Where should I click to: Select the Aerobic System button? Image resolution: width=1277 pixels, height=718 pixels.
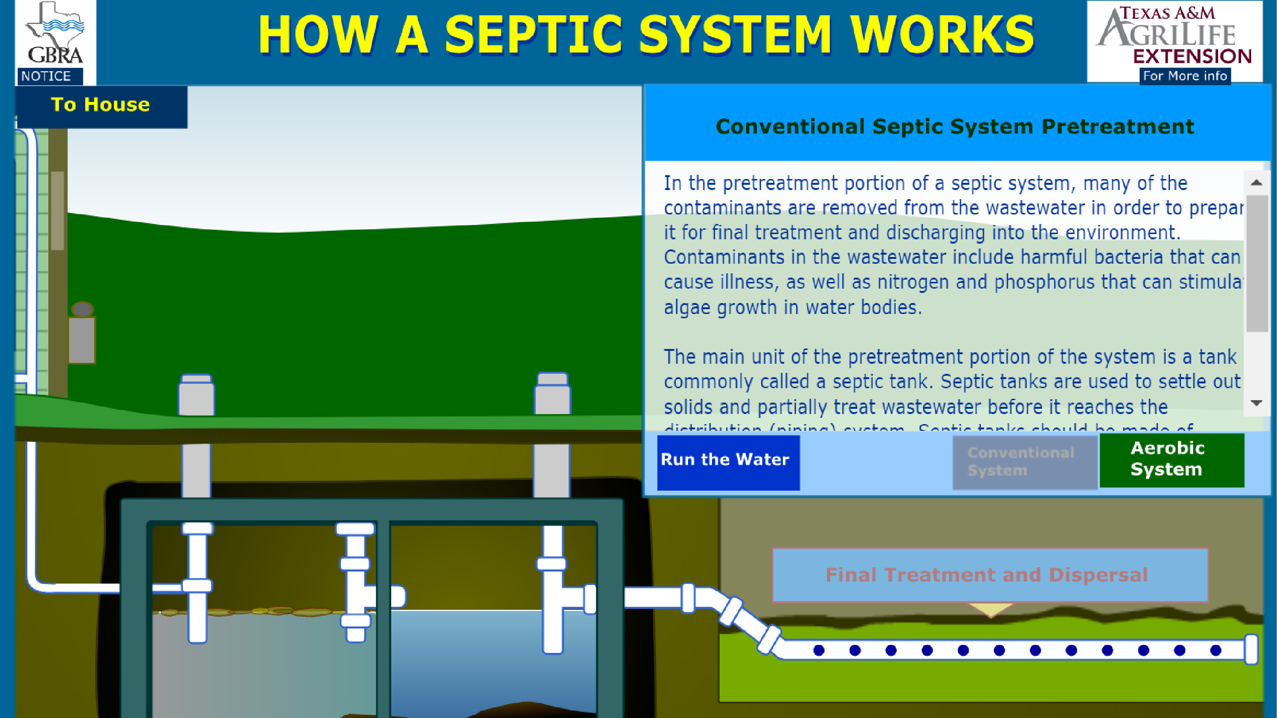pos(1171,460)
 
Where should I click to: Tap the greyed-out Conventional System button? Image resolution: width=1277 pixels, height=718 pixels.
pos(1024,462)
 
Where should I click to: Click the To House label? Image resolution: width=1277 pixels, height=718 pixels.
pos(101,105)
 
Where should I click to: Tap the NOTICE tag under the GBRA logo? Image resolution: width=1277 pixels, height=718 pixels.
pos(47,76)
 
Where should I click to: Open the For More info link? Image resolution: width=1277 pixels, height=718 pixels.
pos(1184,76)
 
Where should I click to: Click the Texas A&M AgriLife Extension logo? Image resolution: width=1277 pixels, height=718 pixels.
pos(1174,34)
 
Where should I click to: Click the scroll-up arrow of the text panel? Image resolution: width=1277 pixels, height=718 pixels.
pos(1256,183)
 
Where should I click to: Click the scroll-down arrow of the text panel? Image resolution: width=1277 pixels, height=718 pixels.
pos(1256,403)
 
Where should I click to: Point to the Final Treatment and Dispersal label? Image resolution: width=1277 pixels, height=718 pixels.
pos(986,575)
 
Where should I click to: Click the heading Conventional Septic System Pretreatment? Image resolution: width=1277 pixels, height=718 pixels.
pos(955,127)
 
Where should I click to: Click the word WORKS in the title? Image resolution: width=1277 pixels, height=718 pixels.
pos(942,34)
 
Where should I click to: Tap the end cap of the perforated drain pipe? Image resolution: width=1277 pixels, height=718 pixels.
pos(1251,649)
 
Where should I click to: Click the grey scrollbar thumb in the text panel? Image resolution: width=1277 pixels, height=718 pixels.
pos(1257,263)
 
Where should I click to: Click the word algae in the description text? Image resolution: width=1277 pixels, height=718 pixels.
pos(688,308)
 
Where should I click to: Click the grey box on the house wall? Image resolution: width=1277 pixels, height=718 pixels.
pos(81,340)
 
